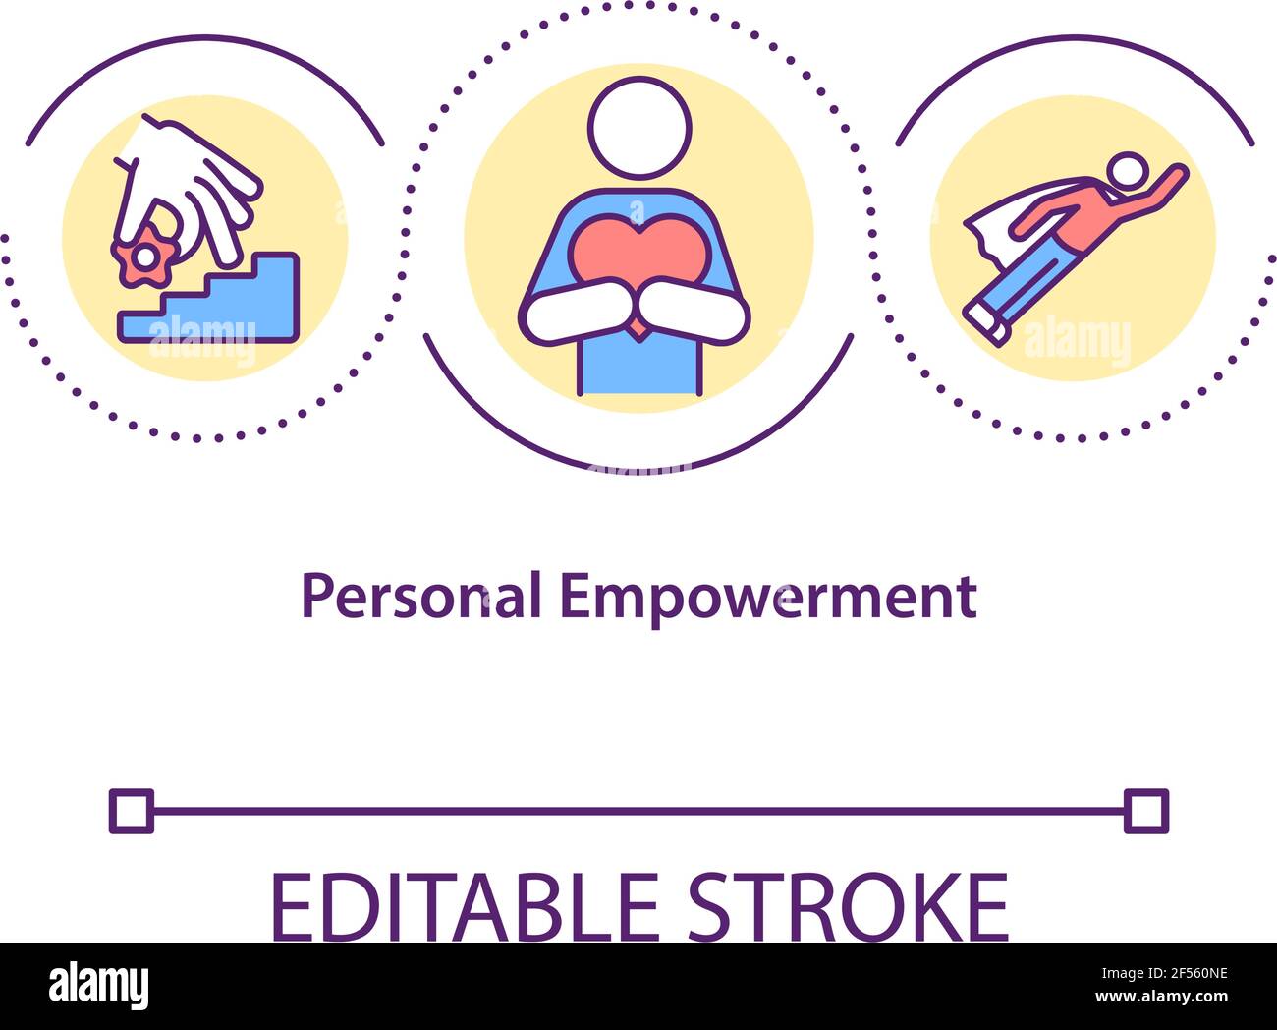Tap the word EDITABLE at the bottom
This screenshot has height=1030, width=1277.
tap(464, 906)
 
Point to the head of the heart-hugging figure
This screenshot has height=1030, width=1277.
tap(639, 127)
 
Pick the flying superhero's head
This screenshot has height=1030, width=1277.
tap(1126, 173)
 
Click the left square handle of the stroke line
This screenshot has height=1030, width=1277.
tap(131, 812)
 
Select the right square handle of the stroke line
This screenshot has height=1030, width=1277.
tap(1145, 812)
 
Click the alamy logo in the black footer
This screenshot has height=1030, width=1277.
tap(98, 986)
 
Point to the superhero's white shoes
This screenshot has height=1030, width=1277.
tap(985, 322)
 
